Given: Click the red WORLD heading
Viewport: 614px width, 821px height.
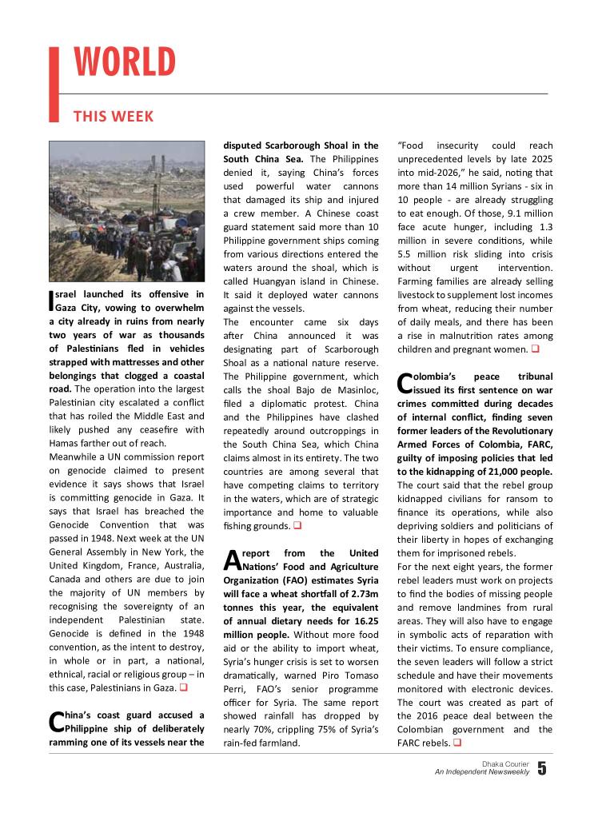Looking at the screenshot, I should (x=125, y=63).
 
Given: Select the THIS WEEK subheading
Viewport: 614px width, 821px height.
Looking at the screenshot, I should (x=114, y=117).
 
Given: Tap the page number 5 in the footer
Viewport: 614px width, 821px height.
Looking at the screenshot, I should (x=543, y=769).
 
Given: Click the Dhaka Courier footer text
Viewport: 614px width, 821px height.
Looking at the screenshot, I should (x=505, y=763).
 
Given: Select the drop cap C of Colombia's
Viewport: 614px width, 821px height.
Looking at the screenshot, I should (x=405, y=382).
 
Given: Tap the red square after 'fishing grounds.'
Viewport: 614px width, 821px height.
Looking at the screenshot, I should (x=297, y=526).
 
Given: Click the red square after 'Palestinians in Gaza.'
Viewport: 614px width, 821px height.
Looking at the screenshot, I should (x=183, y=687).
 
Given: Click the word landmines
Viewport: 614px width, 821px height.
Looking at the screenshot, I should (x=473, y=608).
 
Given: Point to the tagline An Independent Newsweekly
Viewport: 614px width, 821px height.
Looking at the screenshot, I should (x=481, y=772).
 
